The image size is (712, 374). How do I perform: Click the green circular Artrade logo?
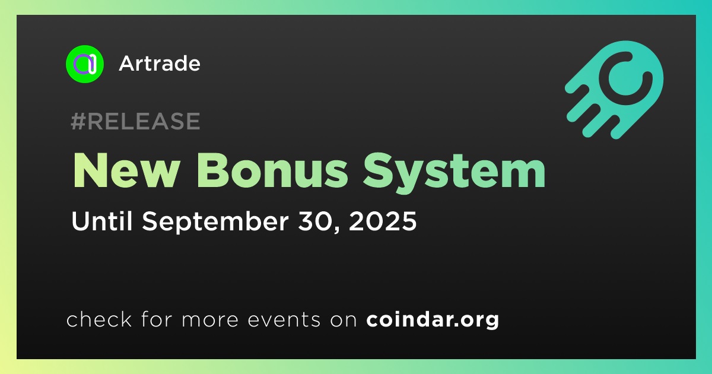pos(84,64)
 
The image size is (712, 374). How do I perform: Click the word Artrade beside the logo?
pos(160,64)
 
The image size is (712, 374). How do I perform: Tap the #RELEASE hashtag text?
pos(135,121)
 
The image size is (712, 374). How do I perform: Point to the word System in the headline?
pos(454,173)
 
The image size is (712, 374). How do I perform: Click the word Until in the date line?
pos(102,221)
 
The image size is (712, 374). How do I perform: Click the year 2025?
pos(383,221)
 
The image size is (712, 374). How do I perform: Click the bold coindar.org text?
pos(433,320)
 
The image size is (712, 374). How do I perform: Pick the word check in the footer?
pos(99,319)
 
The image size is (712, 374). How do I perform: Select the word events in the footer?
pos(284,320)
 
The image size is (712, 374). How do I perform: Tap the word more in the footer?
pos(210,321)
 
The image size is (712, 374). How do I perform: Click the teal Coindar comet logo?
pos(615,90)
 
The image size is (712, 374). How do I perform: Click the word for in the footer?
pos(157,319)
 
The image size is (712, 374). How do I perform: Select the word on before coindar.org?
pos(344,321)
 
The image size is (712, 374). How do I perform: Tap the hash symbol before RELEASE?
pos(78,121)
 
